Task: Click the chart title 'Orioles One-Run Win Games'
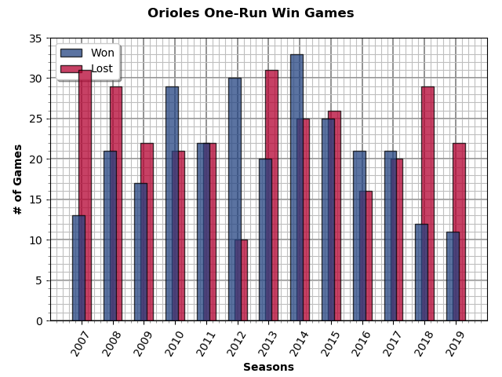point(250,13)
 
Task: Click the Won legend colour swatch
point(71,53)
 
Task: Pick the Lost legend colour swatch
point(71,69)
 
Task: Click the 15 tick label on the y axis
point(36,199)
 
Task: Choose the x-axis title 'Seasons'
point(268,367)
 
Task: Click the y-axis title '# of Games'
point(18,179)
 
